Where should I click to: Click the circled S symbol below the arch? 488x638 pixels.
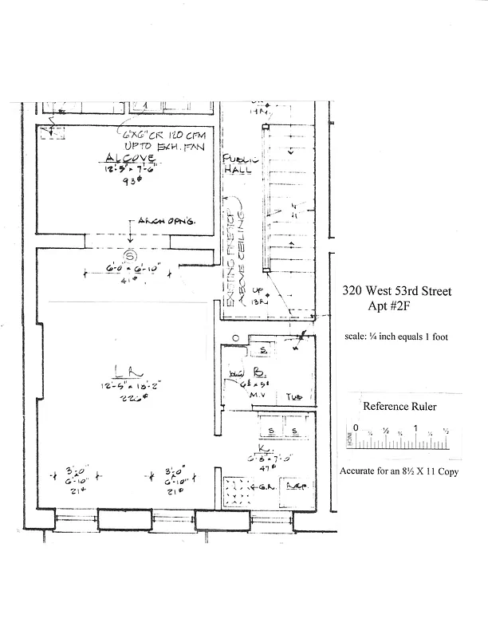tap(125, 256)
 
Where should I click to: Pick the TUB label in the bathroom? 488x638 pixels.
tap(295, 396)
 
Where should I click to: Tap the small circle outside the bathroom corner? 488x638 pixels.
tap(236, 339)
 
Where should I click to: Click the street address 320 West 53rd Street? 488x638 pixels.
tap(396, 291)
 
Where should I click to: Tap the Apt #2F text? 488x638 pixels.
tap(396, 305)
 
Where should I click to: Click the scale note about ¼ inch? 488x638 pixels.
tap(396, 337)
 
